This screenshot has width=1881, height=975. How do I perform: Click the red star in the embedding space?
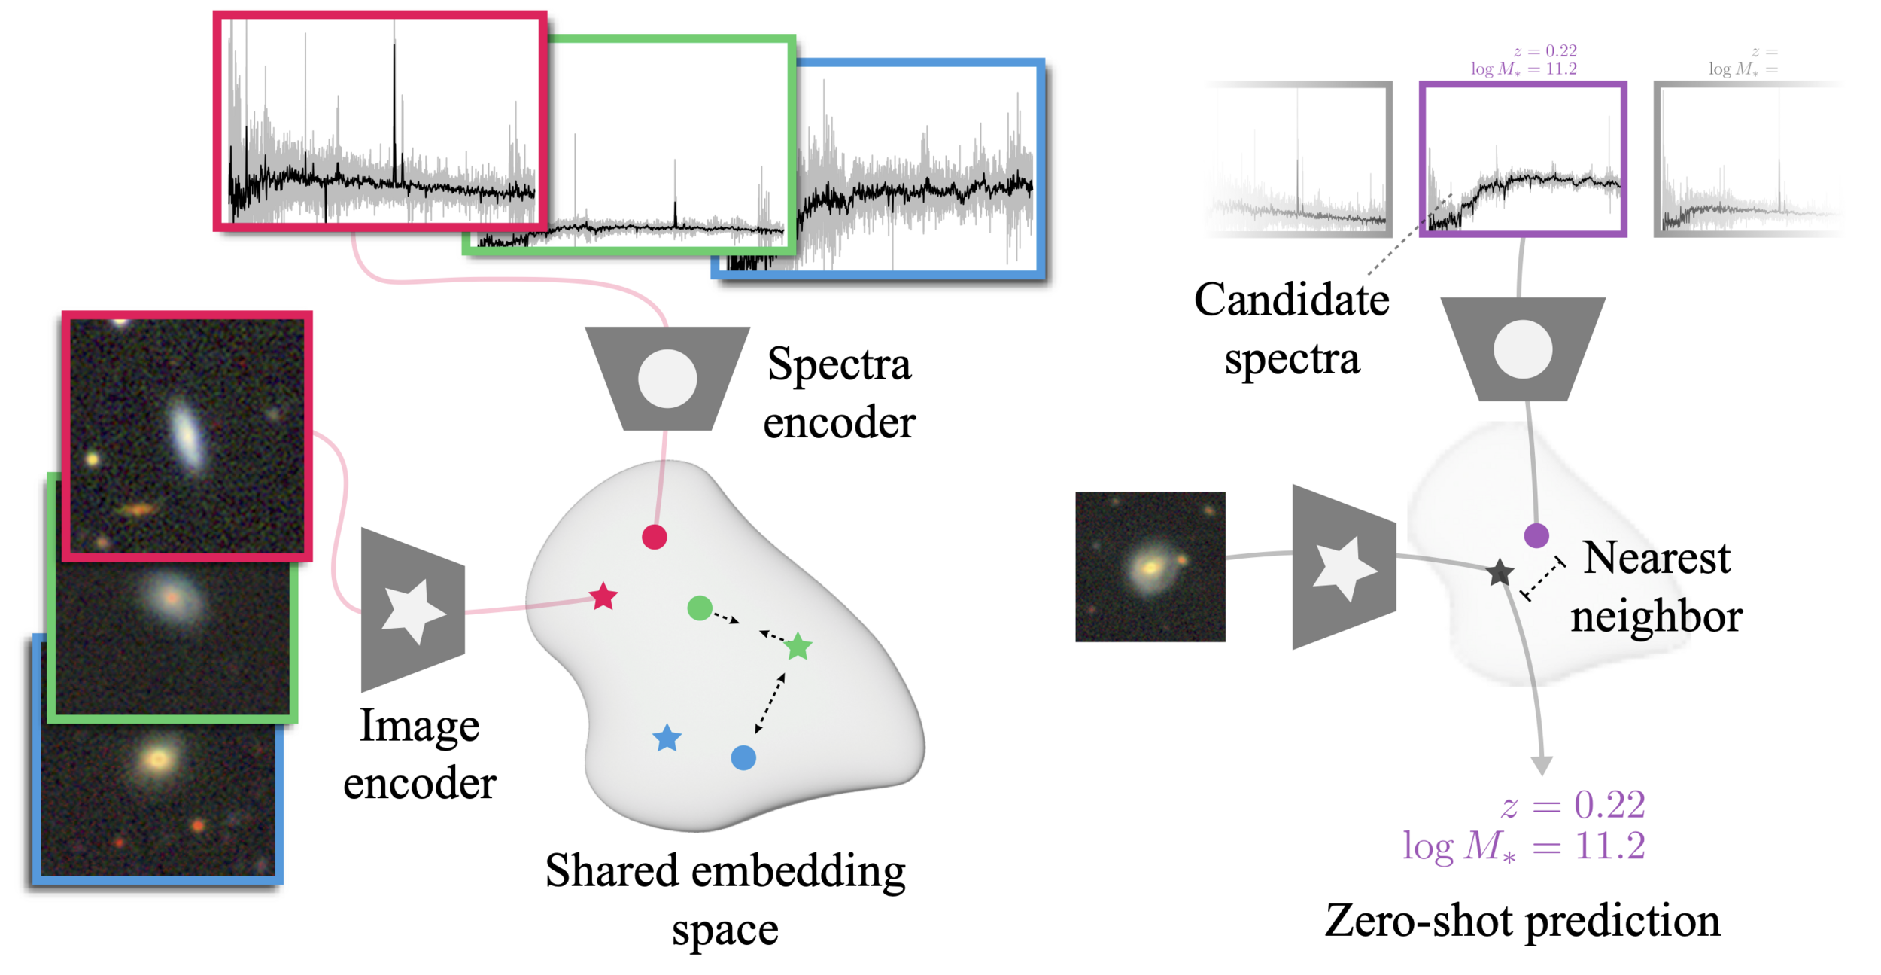click(603, 597)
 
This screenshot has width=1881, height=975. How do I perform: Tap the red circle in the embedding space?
click(655, 537)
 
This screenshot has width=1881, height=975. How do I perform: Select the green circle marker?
click(700, 608)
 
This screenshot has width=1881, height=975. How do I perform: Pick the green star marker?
click(798, 647)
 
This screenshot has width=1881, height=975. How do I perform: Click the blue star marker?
click(667, 739)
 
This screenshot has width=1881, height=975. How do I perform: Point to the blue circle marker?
click(743, 757)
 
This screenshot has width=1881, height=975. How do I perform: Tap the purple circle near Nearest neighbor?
click(1536, 535)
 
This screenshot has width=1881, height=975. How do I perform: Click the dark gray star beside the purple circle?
click(1500, 573)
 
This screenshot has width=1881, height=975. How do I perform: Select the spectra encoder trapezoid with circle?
click(667, 378)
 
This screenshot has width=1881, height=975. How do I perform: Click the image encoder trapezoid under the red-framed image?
click(413, 610)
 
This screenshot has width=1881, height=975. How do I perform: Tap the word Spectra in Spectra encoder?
click(839, 365)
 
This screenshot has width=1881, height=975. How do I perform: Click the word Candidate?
click(1291, 300)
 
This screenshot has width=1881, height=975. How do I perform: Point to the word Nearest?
click(1657, 558)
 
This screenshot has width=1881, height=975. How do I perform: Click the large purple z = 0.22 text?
click(1573, 805)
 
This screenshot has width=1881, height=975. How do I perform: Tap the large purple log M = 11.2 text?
click(1524, 846)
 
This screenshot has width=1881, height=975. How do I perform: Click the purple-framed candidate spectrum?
click(1523, 160)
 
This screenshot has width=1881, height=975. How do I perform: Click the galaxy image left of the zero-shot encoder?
click(1150, 567)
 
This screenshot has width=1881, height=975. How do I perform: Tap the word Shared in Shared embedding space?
click(612, 871)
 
